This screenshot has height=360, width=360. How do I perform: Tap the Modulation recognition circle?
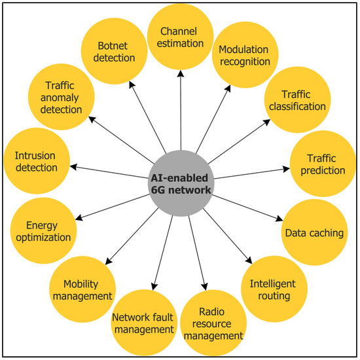click(244, 56)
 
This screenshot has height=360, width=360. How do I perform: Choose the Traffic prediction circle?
click(317, 164)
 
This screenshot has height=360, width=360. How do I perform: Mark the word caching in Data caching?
click(321, 232)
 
